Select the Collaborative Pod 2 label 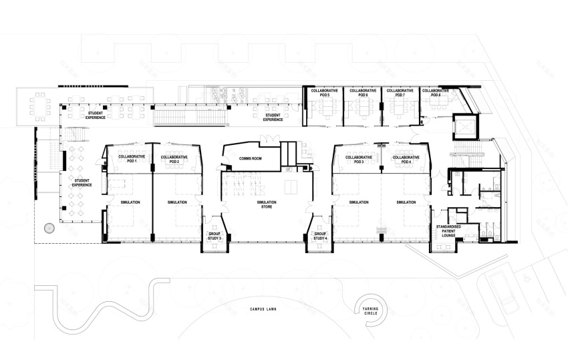(x=174, y=159)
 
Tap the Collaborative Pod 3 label (x=359, y=159)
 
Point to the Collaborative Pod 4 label (x=406, y=159)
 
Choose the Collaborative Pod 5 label (x=324, y=92)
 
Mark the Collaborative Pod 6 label (x=362, y=92)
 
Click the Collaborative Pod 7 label (x=400, y=92)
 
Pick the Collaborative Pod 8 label (x=436, y=92)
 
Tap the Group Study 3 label (x=214, y=236)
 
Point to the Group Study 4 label (x=320, y=236)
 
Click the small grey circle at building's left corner (x=48, y=228)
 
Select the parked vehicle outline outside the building (x=500, y=288)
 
